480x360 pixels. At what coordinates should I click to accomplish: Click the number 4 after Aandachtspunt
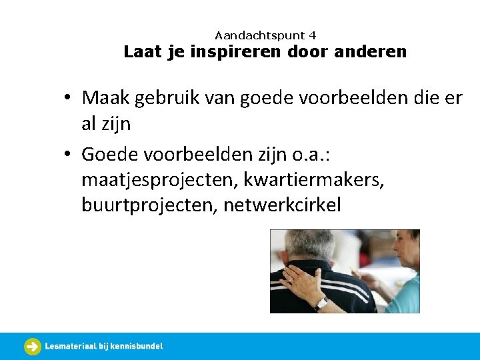[313, 35]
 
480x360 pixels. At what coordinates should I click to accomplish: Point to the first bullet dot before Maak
[69, 99]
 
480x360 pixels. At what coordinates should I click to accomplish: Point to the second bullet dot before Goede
[69, 155]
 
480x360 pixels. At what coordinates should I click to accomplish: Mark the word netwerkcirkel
[282, 205]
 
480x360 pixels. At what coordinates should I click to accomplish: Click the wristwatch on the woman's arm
[321, 303]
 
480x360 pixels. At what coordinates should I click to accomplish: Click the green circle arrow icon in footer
[33, 346]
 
